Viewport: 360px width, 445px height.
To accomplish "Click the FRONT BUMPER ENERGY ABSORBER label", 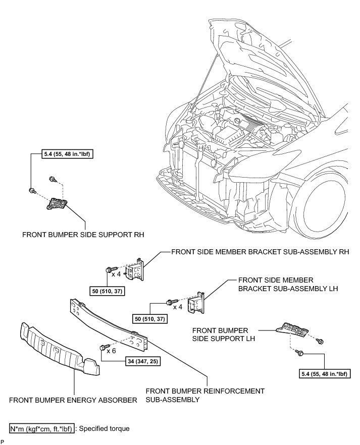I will point(74,401).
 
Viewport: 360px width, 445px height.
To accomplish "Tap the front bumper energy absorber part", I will point(58,348).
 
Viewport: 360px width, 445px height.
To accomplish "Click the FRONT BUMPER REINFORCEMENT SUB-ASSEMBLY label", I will point(204,395).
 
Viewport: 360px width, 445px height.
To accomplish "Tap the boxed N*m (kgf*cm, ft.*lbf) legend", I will point(41,429).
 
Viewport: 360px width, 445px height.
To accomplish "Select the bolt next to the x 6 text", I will point(104,347).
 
